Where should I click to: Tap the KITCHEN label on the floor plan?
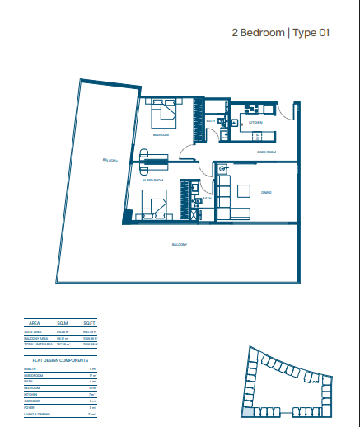click(255, 121)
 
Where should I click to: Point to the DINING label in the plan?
click(266, 193)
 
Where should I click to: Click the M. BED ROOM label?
click(153, 179)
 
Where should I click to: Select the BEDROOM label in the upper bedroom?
click(161, 134)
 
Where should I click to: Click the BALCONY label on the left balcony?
click(110, 161)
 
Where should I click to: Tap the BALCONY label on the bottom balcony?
click(179, 245)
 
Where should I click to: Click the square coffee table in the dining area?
click(245, 191)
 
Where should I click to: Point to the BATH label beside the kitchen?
click(211, 121)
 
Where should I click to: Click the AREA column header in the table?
click(35, 324)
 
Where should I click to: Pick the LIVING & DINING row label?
click(38, 413)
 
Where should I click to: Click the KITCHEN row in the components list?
click(32, 394)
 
